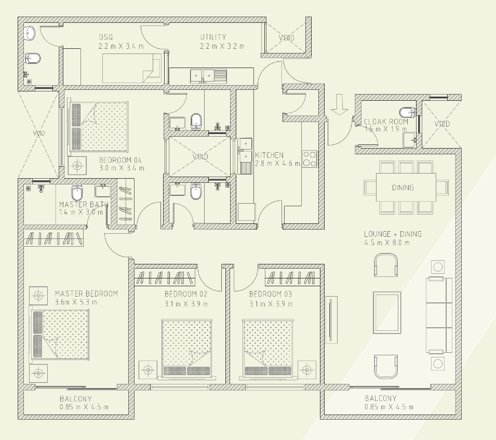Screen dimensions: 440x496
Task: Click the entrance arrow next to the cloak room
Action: (x=340, y=104)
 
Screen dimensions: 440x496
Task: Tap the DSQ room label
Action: (x=106, y=37)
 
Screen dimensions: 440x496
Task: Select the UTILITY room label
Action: (x=213, y=37)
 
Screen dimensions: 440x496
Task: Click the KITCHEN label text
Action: (x=269, y=155)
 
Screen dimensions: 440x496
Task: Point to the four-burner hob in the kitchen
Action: (x=310, y=158)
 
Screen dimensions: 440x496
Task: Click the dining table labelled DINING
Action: (x=403, y=188)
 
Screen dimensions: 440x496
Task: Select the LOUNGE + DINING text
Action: (x=393, y=234)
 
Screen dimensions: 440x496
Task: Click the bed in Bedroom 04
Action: (x=99, y=126)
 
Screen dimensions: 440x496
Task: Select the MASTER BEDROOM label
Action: (x=86, y=294)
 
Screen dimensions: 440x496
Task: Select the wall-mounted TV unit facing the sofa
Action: (x=331, y=319)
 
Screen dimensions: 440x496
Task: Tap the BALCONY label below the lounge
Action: (x=380, y=398)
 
